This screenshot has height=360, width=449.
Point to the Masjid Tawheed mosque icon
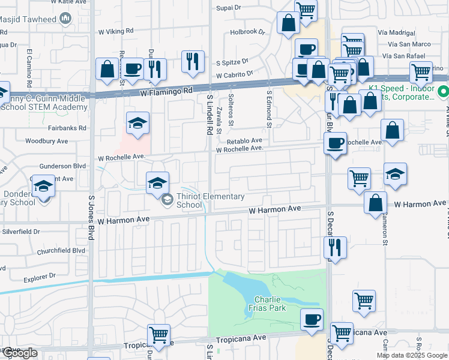pyautogui.click(x=65, y=20)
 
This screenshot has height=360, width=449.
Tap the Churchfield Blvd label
pyautogui.click(x=61, y=251)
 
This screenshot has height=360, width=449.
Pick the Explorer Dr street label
pyautogui.click(x=40, y=278)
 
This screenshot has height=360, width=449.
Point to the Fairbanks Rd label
pyautogui.click(x=68, y=128)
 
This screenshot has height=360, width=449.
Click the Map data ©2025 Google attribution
pyautogui.click(x=411, y=355)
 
